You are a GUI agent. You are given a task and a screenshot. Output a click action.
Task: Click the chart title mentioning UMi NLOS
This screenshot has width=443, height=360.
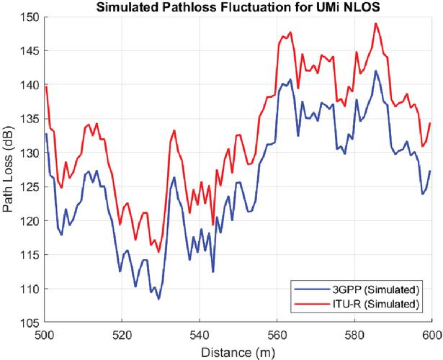(237, 7)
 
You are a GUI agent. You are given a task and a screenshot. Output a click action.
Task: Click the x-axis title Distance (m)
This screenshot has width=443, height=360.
(238, 352)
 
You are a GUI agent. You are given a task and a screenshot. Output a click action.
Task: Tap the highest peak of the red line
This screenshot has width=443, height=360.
(376, 23)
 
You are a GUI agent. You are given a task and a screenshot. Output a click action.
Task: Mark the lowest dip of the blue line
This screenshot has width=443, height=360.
(158, 299)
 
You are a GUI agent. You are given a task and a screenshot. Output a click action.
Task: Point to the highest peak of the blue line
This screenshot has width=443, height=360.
(375, 71)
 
